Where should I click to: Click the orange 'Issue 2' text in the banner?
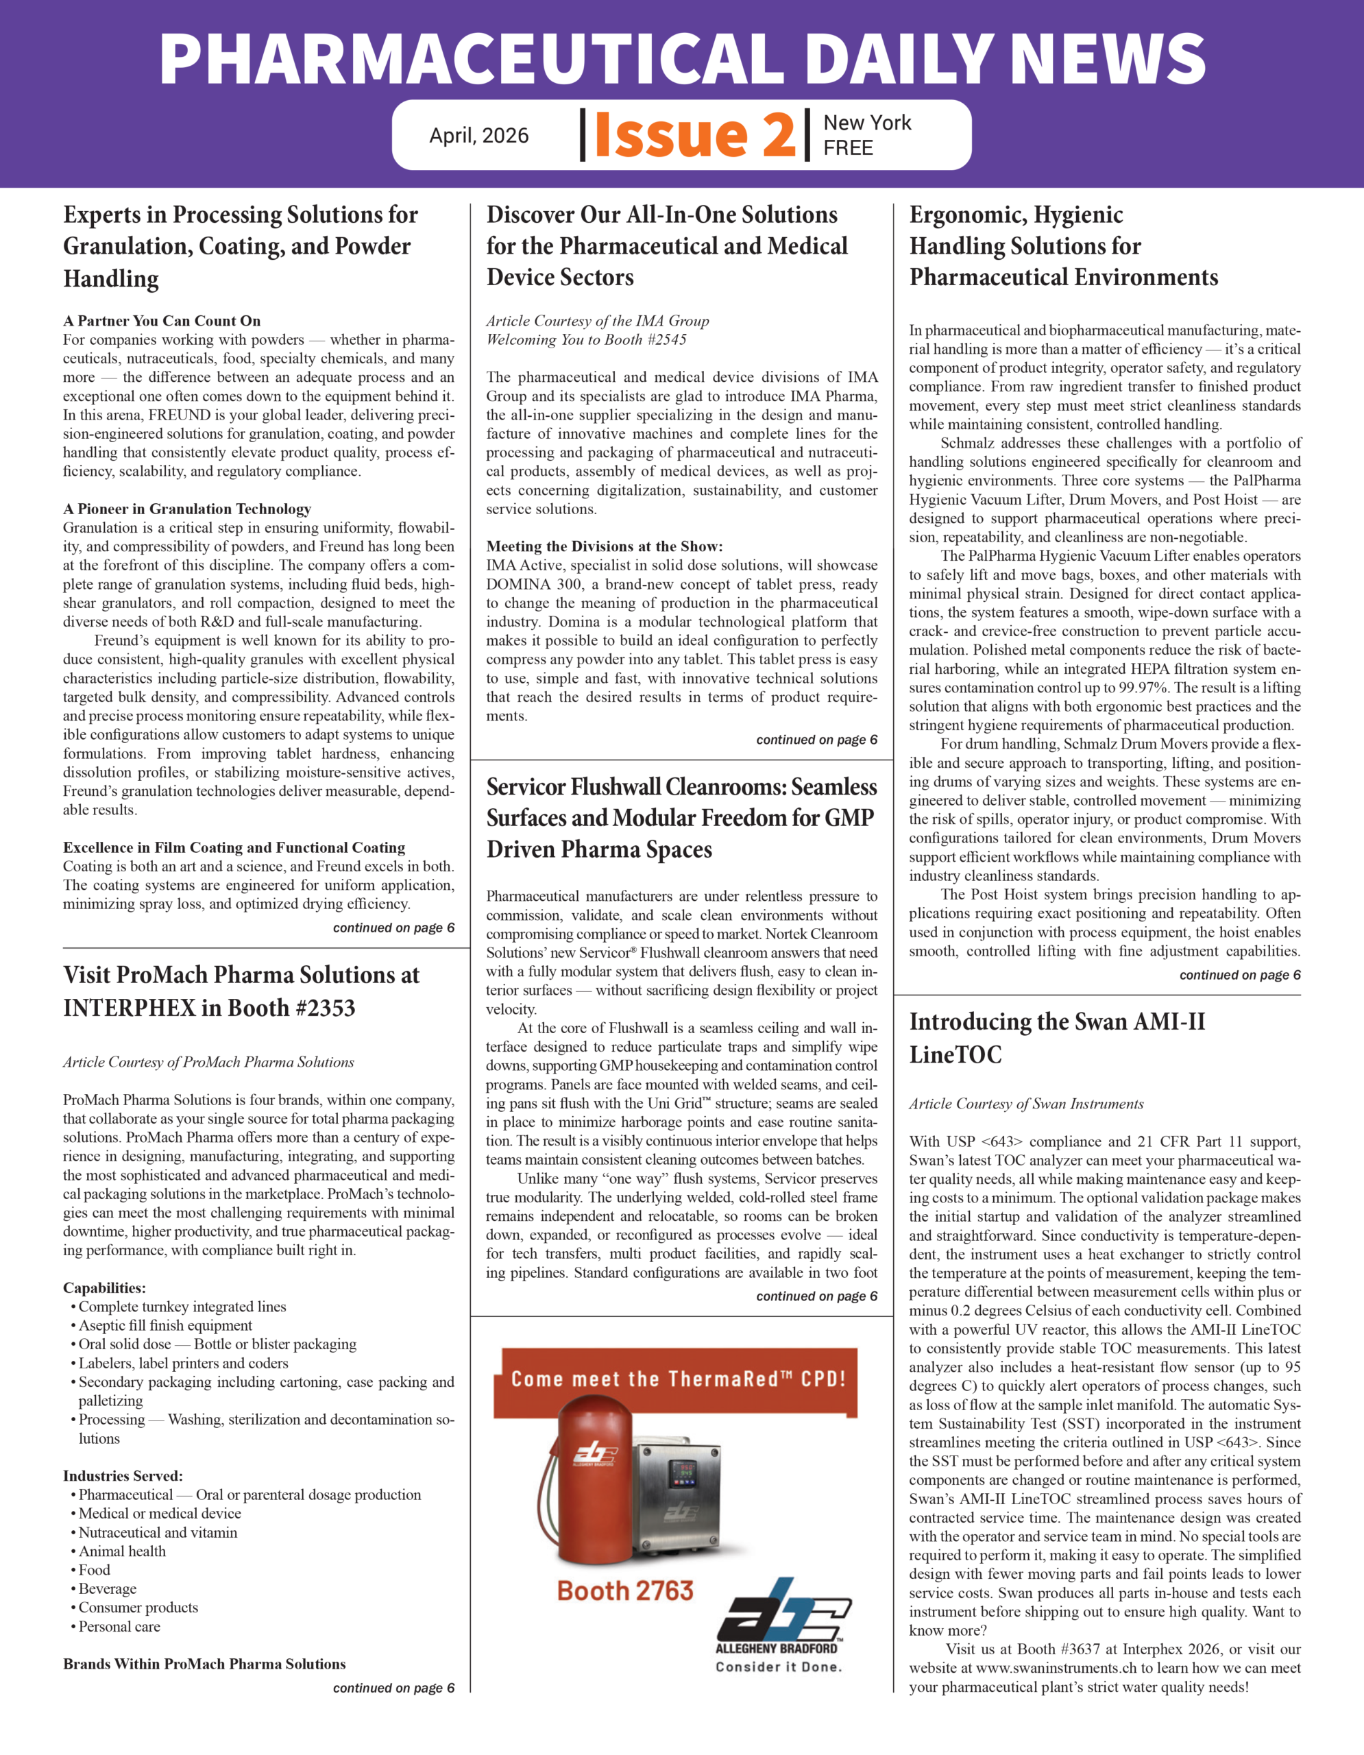(694, 134)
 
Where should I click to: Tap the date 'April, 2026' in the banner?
(478, 136)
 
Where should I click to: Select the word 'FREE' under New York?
(847, 148)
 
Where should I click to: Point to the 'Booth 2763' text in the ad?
(625, 1590)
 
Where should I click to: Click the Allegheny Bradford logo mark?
(784, 1610)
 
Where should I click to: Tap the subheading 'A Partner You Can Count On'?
(162, 321)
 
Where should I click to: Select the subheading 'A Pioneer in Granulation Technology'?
(187, 509)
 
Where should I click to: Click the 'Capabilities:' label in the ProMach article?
(104, 1288)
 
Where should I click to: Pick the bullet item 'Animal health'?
(122, 1551)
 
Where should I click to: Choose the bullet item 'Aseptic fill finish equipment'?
(165, 1325)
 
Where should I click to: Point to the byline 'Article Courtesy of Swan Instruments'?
(1026, 1103)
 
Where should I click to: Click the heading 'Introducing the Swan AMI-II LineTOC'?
(1056, 1037)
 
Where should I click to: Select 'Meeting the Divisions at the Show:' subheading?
(604, 546)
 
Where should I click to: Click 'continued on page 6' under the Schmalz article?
(1239, 975)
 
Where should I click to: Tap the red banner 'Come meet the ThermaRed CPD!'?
(679, 1379)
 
